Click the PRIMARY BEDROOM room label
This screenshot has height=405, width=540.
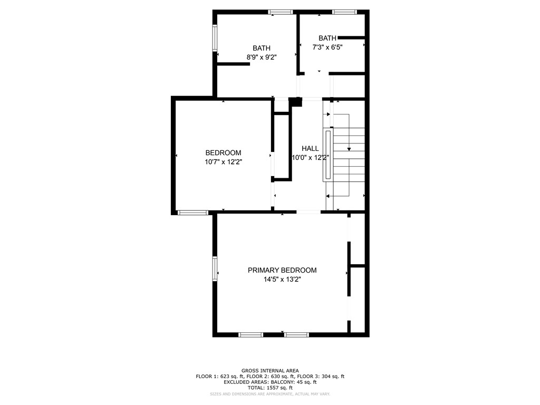[282, 270]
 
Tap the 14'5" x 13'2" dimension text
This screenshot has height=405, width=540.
[282, 280]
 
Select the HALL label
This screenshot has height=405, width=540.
[310, 148]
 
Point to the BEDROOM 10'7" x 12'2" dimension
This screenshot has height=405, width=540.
[224, 162]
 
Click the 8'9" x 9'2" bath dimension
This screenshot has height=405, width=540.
[261, 57]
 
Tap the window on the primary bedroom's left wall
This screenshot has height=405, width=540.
[215, 268]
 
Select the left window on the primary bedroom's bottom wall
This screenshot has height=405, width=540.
[250, 334]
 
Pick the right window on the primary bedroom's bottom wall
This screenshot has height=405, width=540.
[297, 334]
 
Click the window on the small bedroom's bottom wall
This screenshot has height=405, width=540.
[192, 213]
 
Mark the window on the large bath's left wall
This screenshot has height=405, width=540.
[215, 38]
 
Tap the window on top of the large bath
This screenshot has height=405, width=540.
[280, 12]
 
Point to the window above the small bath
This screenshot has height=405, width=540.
[344, 12]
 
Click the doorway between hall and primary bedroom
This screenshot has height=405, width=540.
[308, 212]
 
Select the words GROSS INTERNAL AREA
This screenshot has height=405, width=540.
[269, 371]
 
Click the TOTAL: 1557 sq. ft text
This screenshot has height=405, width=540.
[269, 388]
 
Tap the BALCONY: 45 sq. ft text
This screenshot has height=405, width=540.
[291, 382]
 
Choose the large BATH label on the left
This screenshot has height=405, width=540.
[261, 48]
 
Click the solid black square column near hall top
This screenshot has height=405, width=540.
[295, 102]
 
